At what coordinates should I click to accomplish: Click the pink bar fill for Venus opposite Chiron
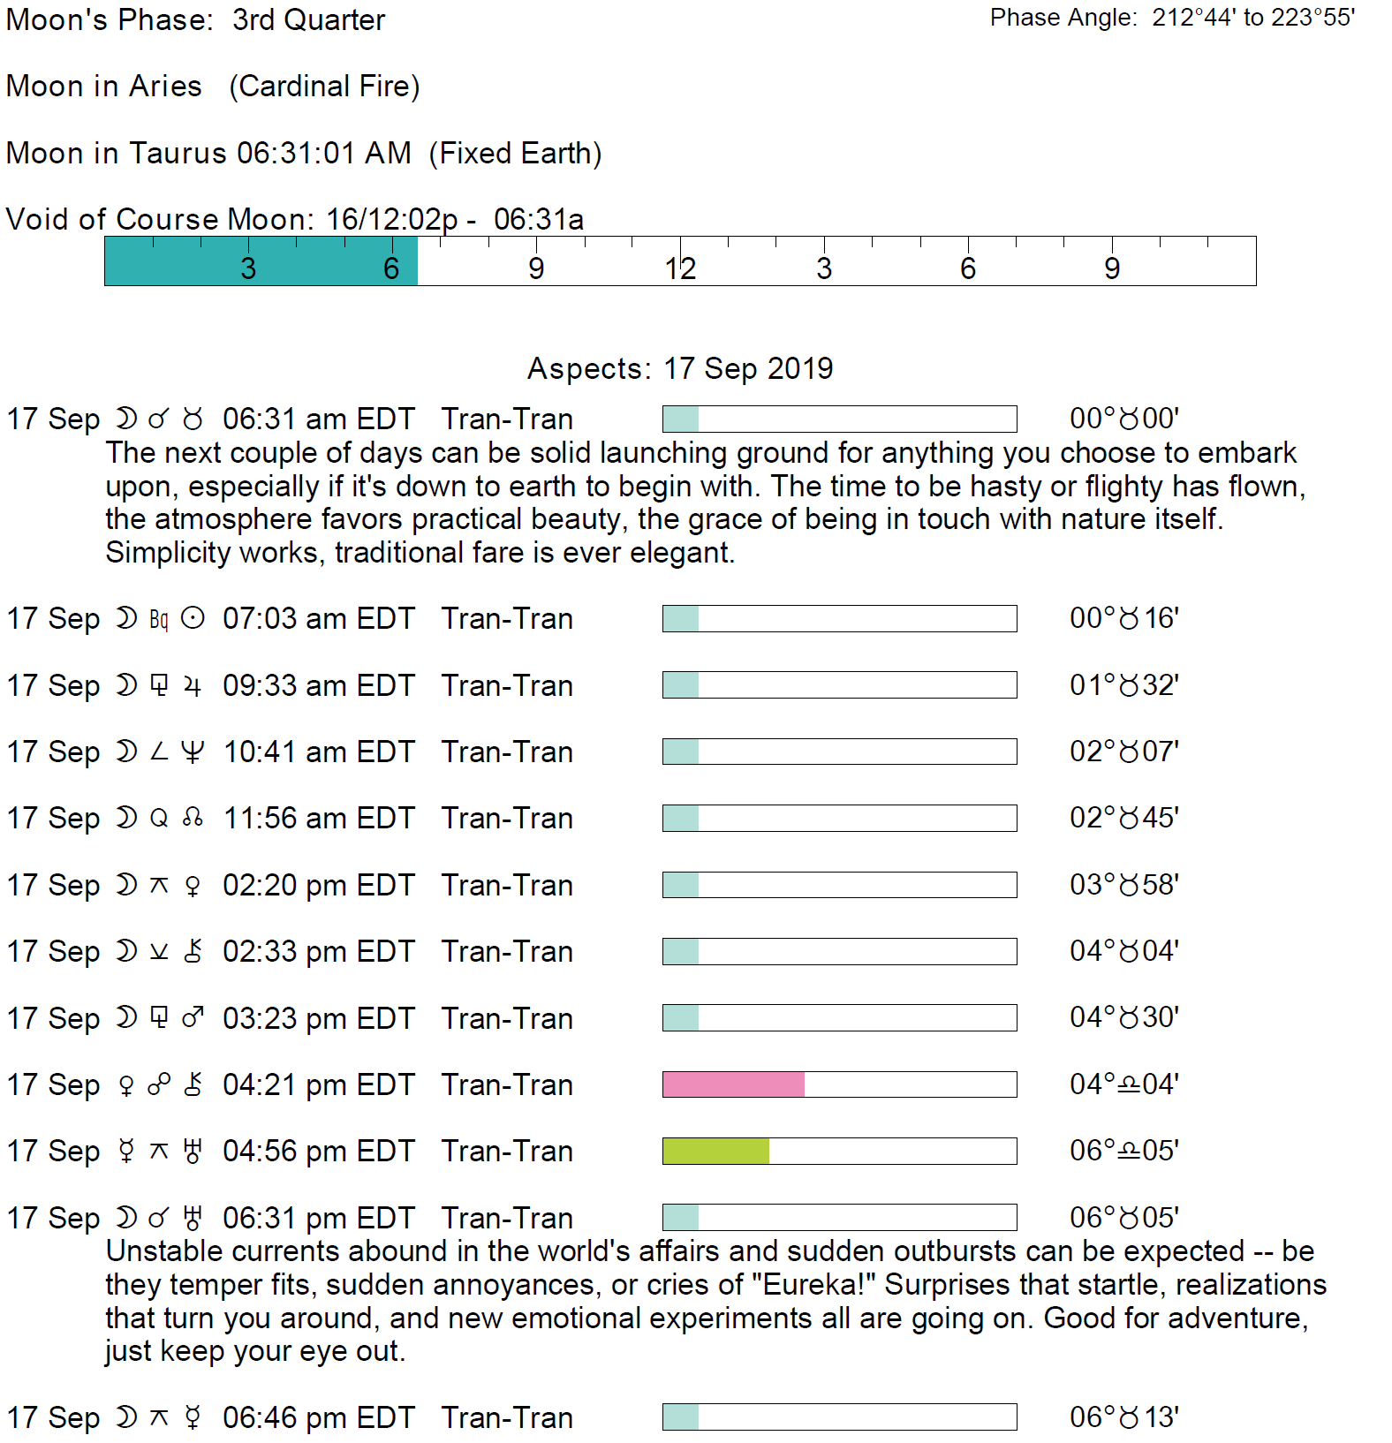733,1084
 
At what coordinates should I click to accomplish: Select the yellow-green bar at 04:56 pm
715,1151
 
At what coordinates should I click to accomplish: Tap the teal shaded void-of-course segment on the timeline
261,261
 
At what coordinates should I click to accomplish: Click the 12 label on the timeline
680,268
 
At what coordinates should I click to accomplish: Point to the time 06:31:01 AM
324,153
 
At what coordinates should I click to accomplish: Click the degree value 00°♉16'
1123,618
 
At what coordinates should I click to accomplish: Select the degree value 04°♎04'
1123,1084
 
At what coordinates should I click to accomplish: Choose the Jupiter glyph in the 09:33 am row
193,686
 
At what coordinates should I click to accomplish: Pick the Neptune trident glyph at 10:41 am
193,752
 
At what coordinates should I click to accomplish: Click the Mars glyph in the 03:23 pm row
193,1018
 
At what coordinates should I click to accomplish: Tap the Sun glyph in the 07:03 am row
193,618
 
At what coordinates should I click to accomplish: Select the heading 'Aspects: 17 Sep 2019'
680,368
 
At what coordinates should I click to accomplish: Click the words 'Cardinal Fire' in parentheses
324,87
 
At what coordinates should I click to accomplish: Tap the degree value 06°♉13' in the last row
1123,1417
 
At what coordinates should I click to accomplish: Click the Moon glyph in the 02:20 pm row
127,885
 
